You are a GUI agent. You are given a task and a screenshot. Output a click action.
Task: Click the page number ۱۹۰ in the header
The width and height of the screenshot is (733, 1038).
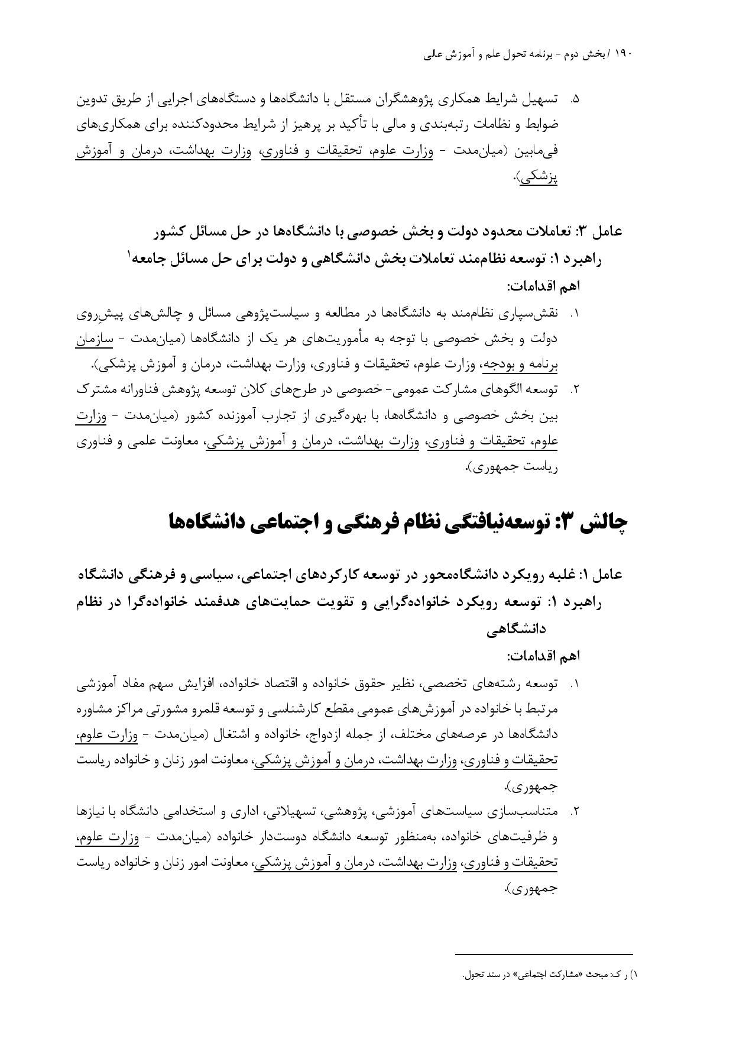pos(624,54)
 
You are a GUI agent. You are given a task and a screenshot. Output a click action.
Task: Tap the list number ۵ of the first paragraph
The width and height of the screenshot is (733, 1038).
pos(574,99)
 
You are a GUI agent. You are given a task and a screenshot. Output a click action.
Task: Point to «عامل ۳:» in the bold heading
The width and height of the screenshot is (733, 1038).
pos(599,231)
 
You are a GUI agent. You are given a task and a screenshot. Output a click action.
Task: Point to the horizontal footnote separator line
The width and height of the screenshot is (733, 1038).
pos(544,954)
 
